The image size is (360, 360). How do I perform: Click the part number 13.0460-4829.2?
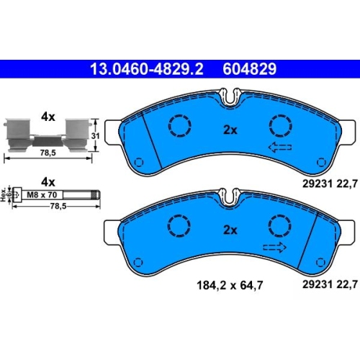point(147,69)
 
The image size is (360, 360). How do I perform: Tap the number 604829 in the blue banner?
point(250,69)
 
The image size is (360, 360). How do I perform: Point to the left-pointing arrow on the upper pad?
point(280,147)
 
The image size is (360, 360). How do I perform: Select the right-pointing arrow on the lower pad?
point(275,247)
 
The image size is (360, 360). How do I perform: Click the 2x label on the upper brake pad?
point(230,130)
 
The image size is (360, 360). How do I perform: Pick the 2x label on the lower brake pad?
point(230,230)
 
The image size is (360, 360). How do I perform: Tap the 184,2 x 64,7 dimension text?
point(230,286)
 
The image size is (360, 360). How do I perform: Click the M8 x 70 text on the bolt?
point(42,194)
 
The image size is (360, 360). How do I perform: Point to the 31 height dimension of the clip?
point(95,136)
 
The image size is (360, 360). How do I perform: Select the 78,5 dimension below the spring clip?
point(48,153)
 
